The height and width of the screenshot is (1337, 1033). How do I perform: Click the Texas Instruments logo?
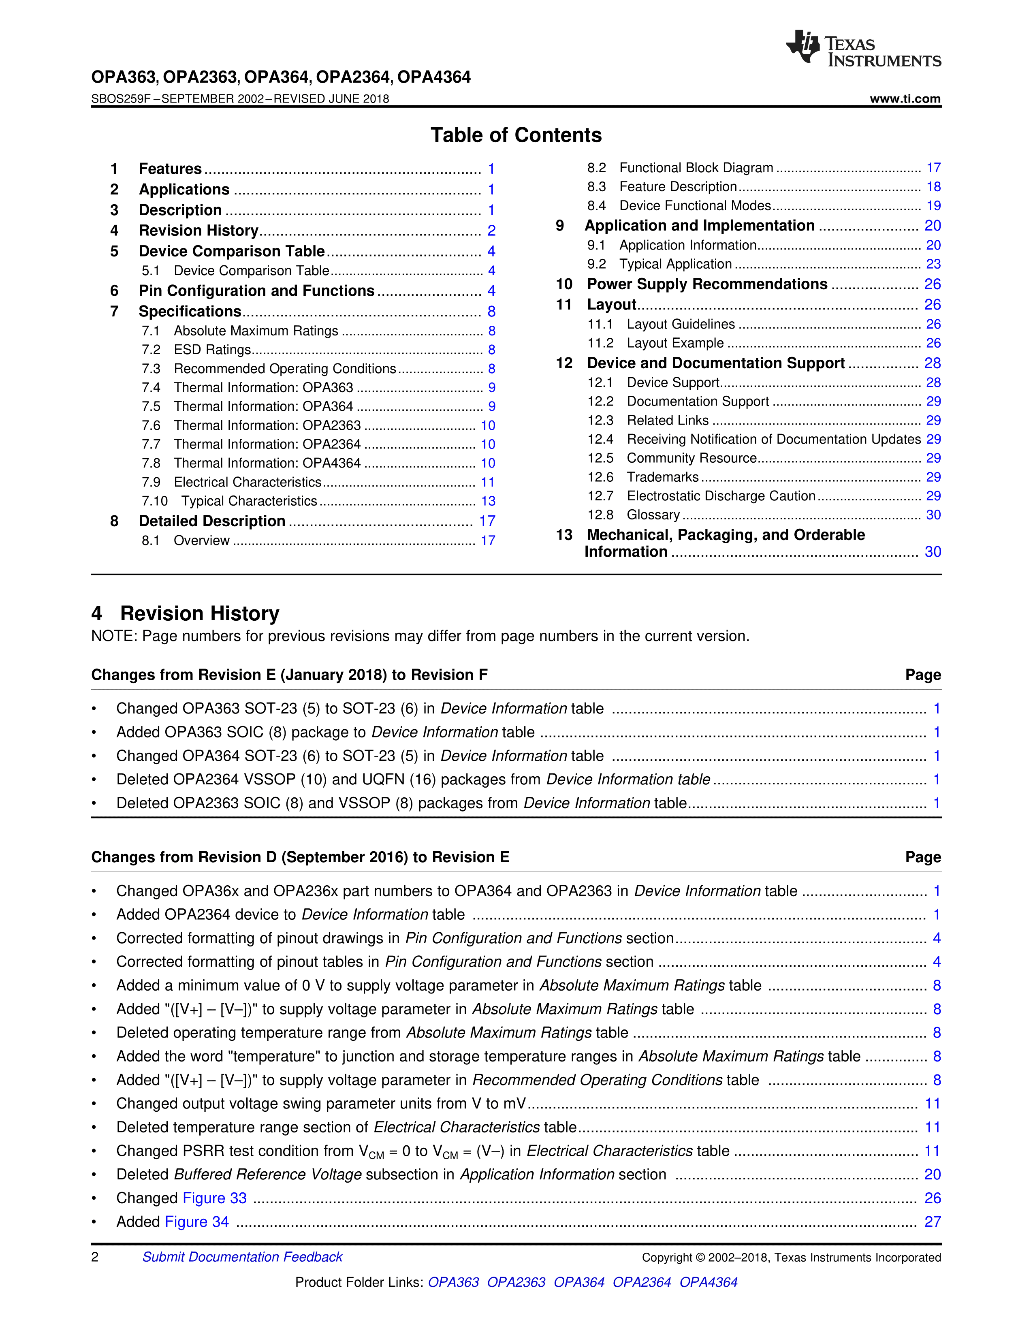[863, 48]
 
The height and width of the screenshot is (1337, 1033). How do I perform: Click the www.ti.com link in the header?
[905, 98]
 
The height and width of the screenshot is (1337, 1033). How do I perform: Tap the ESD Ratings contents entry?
[212, 350]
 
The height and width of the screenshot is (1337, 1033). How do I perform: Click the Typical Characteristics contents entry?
[249, 501]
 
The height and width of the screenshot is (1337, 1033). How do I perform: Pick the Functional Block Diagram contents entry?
[696, 168]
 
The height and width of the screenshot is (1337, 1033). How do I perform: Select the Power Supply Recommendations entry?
[707, 284]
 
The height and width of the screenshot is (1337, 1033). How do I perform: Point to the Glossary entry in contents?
[653, 515]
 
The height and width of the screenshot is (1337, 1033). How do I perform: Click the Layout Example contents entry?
[675, 343]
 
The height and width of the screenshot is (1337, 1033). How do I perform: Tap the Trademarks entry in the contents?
[663, 477]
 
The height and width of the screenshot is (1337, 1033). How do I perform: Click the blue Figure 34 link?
[196, 1222]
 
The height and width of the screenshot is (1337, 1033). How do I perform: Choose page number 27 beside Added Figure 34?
[932, 1222]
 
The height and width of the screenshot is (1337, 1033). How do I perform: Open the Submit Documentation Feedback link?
[242, 1257]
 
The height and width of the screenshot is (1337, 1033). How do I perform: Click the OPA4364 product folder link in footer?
[708, 1282]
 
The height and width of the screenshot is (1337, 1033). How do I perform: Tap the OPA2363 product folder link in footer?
[516, 1282]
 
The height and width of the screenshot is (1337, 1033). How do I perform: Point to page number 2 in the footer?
[95, 1257]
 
